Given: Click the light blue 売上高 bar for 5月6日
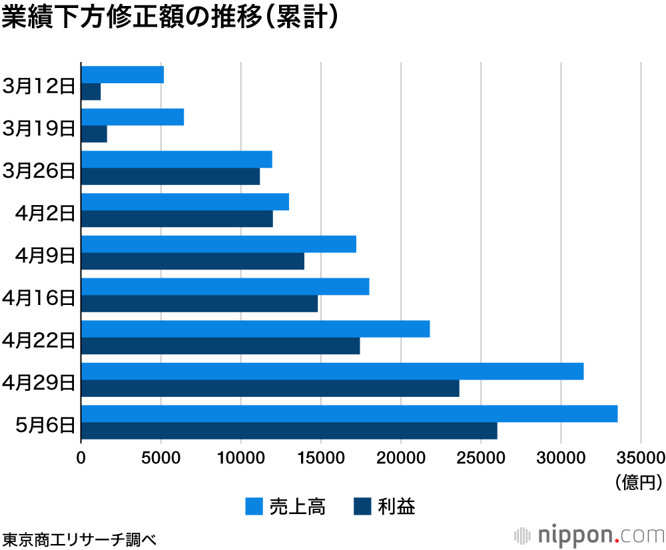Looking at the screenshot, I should pos(349,413).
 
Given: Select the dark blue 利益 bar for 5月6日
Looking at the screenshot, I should pos(289,431).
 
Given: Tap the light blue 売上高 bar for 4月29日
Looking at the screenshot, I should pos(332,371).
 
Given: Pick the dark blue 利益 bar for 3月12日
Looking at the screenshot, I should pos(91,91).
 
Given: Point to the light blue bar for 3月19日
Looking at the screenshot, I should pos(133,117).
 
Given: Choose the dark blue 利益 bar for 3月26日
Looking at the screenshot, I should pos(170,176).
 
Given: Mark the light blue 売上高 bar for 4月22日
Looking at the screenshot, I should pos(255,329).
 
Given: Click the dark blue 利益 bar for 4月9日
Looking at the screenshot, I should pos(192,261).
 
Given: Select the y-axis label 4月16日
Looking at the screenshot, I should pos(39,297).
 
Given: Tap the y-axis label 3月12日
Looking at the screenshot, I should pos(39,85).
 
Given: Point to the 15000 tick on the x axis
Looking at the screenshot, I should pos(321,457).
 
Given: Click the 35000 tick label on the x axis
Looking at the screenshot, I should pos(641,457).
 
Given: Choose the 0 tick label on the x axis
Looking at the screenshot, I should pos(81,457).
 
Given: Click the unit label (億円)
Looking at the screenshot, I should pos(639,481).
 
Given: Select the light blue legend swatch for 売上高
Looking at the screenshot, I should pos(254,507).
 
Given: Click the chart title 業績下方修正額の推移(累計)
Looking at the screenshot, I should pos(170,19).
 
